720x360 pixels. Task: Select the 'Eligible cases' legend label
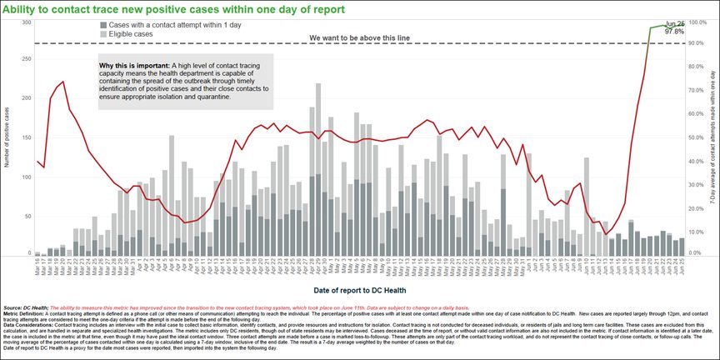[x=131, y=35]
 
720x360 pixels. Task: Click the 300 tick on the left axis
[x=26, y=22]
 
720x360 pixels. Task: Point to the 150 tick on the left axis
[x=26, y=137]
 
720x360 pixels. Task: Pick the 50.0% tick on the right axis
[x=697, y=137]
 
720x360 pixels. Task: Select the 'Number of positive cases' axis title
[x=7, y=137]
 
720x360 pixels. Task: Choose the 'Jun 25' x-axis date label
[x=682, y=267]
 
